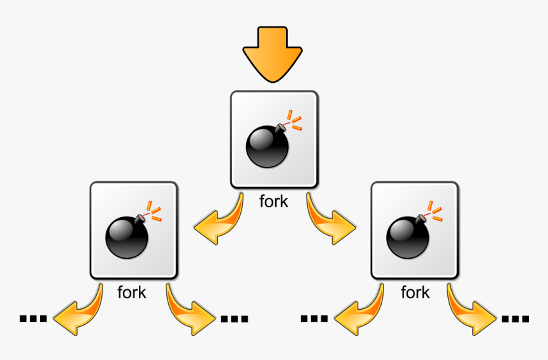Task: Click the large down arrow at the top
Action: pos(273,54)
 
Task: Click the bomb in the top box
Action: pos(268,147)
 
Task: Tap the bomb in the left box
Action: pos(127,238)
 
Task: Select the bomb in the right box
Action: pos(408,238)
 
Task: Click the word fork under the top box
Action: pos(274,201)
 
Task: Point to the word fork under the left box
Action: pos(132,293)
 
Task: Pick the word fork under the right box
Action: pos(415,293)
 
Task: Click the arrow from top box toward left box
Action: pos(221,223)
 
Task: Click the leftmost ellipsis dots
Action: pos(33,318)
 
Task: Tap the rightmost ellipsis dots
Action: pos(516,319)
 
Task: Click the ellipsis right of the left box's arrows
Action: pos(234,319)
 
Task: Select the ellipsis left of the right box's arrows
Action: pos(314,318)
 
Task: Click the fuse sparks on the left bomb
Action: pos(153,212)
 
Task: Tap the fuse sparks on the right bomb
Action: pos(435,212)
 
